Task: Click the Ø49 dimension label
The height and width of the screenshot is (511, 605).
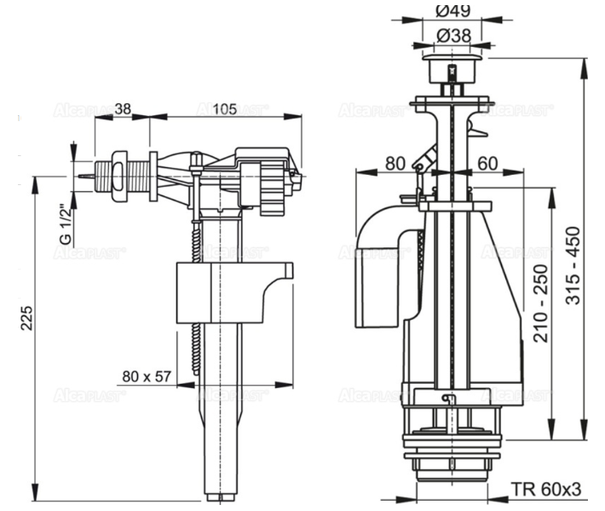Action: coord(453,10)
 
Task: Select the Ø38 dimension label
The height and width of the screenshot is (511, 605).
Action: coord(453,36)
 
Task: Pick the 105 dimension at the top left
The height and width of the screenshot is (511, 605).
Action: coord(223,108)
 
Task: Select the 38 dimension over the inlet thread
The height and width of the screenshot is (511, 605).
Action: coord(123,108)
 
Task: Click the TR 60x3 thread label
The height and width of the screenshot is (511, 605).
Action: coord(546,489)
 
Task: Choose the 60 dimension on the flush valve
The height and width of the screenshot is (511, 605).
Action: coord(487,161)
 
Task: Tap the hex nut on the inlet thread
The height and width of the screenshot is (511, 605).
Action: coord(121,177)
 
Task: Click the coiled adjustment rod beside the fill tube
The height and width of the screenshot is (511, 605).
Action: coord(199,290)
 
